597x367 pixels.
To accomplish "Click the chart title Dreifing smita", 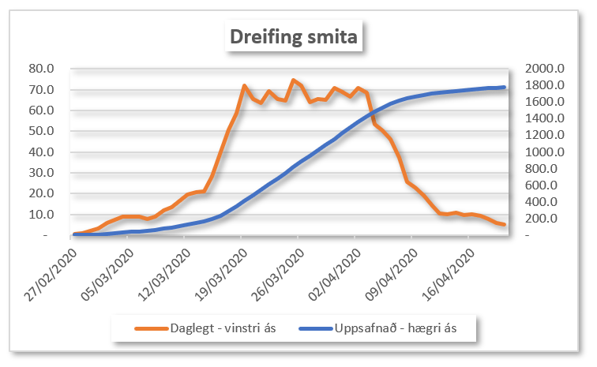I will (293, 36).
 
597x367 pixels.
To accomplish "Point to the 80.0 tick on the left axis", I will (42, 69).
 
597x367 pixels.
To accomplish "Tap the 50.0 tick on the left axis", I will (42, 131).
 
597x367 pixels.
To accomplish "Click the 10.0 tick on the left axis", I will (42, 215).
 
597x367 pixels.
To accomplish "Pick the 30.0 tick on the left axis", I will (42, 173).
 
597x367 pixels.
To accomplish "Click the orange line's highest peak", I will (293, 80).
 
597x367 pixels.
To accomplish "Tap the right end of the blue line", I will (504, 87).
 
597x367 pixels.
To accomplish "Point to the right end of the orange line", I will (504, 225).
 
